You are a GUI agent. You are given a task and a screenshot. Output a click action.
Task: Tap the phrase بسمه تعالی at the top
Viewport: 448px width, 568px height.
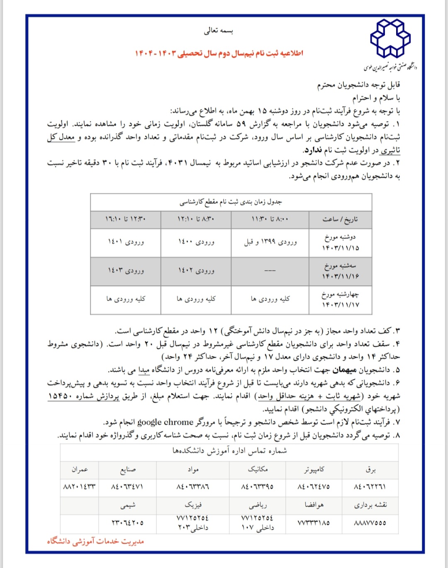click(219, 31)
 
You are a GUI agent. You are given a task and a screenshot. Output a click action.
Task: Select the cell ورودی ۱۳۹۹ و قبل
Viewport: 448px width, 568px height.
click(270, 242)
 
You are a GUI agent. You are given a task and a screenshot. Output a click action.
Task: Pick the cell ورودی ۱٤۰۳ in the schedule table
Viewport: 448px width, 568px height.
click(126, 271)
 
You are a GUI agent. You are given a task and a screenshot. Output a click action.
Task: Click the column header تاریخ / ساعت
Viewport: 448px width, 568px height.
click(340, 219)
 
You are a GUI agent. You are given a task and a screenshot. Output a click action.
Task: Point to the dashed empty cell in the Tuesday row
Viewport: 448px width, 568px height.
click(270, 271)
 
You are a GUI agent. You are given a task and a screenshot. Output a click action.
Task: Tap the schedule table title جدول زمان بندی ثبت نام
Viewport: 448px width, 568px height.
click(231, 202)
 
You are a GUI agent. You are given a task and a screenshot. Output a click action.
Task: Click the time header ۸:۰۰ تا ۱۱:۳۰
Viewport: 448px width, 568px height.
click(270, 219)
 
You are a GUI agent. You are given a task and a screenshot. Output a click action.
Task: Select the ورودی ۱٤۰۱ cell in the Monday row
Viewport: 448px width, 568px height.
click(126, 242)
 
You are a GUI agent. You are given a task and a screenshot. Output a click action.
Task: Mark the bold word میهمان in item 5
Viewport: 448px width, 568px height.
click(344, 370)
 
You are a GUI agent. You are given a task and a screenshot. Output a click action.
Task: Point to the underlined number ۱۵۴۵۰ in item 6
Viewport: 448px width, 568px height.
click(60, 396)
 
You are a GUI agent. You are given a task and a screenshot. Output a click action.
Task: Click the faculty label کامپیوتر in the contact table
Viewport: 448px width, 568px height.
click(314, 470)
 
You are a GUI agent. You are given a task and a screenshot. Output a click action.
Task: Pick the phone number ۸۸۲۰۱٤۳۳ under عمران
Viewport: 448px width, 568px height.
click(79, 487)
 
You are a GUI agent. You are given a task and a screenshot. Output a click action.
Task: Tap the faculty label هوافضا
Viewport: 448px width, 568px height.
click(314, 505)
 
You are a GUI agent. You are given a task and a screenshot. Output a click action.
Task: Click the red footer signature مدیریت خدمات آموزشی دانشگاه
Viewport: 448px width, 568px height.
click(95, 541)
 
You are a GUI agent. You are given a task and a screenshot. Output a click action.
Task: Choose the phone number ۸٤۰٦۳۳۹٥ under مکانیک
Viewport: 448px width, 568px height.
click(258, 487)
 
